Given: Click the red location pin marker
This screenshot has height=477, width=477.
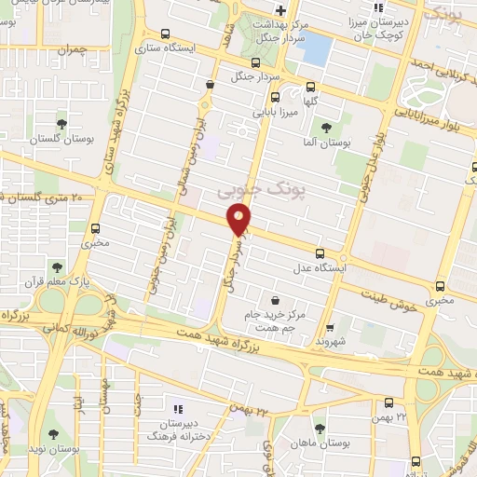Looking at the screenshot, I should pos(239,221).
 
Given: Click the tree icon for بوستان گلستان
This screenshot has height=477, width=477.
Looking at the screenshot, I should pos(61,123).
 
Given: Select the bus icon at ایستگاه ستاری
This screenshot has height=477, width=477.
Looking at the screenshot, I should pos(165,34).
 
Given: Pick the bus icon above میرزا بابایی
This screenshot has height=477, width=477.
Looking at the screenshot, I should pos(275,96).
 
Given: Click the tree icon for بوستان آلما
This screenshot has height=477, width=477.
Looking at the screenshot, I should pos(325,128).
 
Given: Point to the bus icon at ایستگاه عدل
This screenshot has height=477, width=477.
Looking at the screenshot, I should pos(320,252).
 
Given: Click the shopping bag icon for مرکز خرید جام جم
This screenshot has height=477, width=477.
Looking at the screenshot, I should pos(275,300).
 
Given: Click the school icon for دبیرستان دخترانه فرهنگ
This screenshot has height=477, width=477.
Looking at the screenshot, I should pos(178,409).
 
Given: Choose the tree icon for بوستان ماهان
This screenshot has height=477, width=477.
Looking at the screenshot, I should pos(320,429).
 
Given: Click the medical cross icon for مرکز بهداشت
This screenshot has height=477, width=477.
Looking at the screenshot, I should pos(279,10).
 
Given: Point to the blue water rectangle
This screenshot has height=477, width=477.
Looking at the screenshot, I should pos(316,47).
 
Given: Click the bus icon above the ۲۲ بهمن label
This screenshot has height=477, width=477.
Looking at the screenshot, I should pos(389,402).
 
